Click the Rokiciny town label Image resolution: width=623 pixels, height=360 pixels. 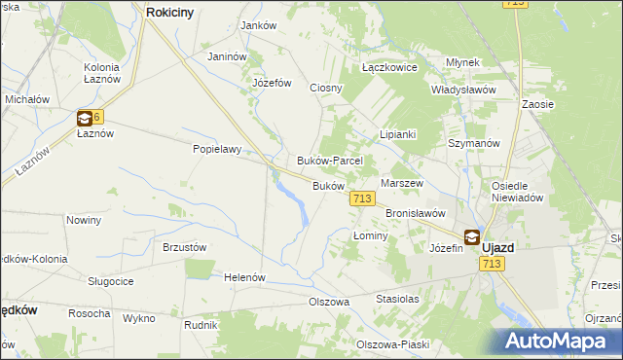(x=172, y=12)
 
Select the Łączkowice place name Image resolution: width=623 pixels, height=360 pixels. (x=389, y=68)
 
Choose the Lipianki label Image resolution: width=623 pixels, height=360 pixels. (x=398, y=134)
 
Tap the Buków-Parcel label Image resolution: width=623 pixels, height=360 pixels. (x=330, y=161)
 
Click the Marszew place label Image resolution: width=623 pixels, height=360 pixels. (x=402, y=183)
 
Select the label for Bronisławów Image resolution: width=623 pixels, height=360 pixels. (x=416, y=212)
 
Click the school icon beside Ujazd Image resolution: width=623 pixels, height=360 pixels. (x=471, y=235)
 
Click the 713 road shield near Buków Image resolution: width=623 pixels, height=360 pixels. (x=361, y=198)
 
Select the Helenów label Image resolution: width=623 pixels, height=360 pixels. (x=245, y=277)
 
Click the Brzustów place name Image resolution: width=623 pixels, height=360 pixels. (x=184, y=247)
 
